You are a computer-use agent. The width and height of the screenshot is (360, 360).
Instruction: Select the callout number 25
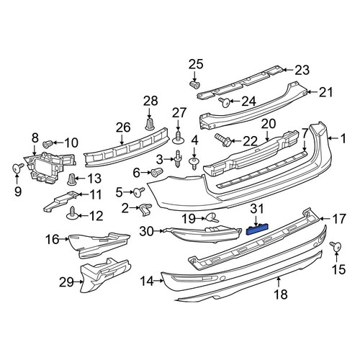tap(196, 64)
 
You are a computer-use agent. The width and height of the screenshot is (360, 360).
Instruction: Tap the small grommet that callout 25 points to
tap(194, 85)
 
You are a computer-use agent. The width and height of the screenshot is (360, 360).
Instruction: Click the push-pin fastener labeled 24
tap(225, 103)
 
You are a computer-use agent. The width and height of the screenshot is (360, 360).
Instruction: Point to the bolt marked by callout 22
tap(223, 140)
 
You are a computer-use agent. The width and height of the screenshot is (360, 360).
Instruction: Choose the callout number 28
tap(150, 101)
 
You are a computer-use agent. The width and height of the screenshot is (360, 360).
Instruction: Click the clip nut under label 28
tap(150, 125)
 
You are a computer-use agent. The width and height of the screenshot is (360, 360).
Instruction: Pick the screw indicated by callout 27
tap(178, 138)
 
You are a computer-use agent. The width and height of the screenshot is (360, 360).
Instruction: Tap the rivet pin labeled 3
tap(178, 158)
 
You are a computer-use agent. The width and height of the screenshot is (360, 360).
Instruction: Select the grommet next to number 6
tap(157, 171)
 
